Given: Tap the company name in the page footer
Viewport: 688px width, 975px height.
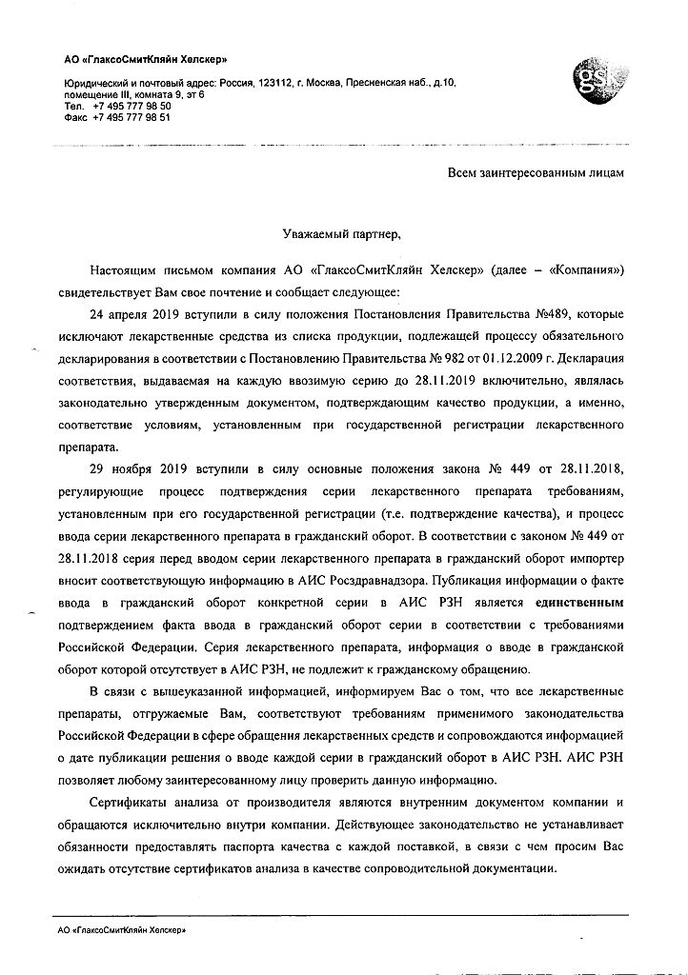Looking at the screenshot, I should (121, 930).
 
